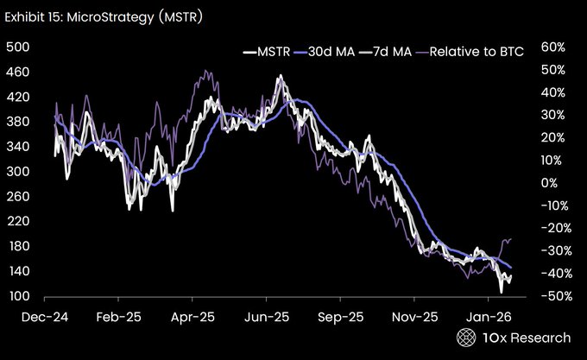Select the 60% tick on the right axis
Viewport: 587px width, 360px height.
(552, 47)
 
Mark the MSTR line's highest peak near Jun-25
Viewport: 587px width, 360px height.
(280, 77)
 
